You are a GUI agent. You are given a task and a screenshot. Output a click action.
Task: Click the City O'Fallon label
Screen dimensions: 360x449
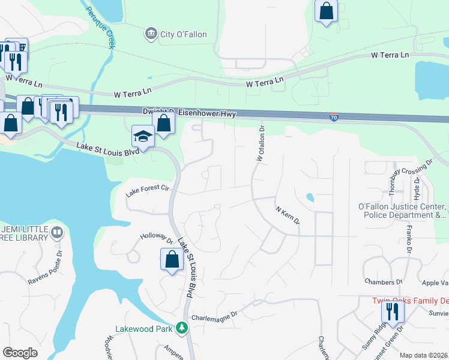click(x=183, y=34)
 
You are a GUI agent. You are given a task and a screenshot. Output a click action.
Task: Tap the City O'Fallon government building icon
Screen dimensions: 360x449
click(x=151, y=34)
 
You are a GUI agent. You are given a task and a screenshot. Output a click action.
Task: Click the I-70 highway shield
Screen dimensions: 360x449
click(x=334, y=117)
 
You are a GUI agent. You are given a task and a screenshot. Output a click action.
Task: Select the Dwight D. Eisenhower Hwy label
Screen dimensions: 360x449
click(x=189, y=113)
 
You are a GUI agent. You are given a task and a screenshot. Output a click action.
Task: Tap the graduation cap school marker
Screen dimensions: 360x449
click(x=143, y=136)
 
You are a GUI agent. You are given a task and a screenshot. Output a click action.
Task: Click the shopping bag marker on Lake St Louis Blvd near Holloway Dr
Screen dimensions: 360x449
click(x=172, y=259)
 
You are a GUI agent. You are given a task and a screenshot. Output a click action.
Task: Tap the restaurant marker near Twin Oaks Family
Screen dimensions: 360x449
click(x=393, y=311)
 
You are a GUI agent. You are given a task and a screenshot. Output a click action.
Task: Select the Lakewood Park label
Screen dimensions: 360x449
click(x=145, y=329)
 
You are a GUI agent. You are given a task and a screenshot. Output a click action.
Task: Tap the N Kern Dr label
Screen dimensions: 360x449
click(x=287, y=216)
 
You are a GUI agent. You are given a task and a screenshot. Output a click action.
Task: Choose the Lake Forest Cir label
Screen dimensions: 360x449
click(x=148, y=191)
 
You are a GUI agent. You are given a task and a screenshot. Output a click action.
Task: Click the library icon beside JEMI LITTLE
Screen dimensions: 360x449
click(x=57, y=231)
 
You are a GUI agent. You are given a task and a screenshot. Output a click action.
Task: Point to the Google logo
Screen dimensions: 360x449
click(x=20, y=353)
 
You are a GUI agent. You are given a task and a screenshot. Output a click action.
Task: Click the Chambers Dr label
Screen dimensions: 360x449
click(x=383, y=281)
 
